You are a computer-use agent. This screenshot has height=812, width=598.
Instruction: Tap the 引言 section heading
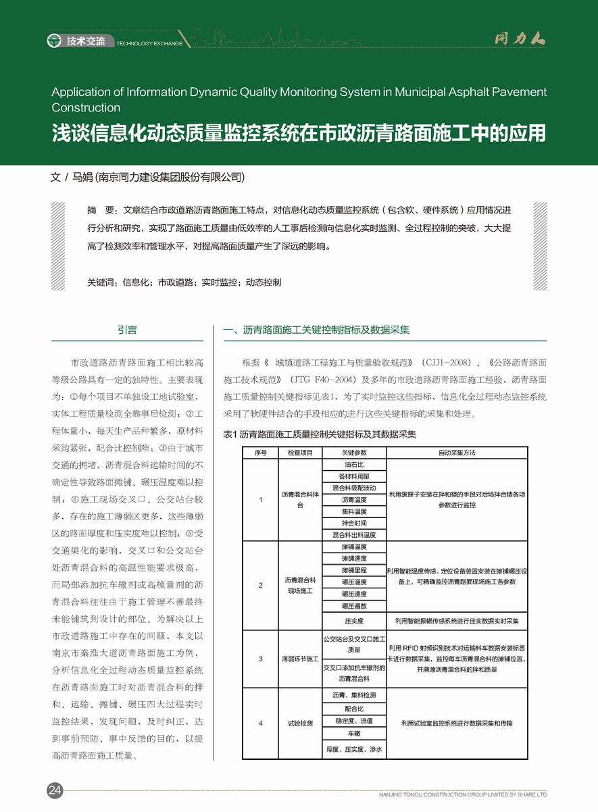point(127,330)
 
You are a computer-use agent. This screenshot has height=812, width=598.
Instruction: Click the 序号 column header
point(261,453)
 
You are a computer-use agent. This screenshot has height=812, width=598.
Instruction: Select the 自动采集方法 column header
point(457,453)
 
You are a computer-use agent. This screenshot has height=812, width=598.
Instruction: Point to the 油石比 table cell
point(354,465)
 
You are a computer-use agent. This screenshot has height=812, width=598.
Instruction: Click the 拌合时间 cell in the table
point(354,523)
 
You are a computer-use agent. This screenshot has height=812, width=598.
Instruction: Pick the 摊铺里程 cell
point(354,570)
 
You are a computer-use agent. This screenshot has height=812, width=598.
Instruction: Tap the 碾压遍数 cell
point(354,606)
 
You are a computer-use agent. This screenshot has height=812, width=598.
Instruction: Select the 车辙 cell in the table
point(354,733)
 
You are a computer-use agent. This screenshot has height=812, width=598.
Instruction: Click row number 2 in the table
point(261,585)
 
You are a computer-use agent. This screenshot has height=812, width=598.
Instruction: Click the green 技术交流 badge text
point(86,42)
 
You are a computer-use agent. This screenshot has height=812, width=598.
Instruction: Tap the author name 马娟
point(82,178)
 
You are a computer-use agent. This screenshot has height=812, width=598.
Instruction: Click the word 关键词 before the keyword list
point(103,282)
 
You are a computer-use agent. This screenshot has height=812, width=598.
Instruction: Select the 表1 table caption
point(319,434)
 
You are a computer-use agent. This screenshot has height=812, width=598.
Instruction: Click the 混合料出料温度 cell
point(354,535)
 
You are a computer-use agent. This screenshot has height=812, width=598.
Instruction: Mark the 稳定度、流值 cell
point(354,721)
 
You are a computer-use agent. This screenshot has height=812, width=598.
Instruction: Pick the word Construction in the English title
point(86,107)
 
